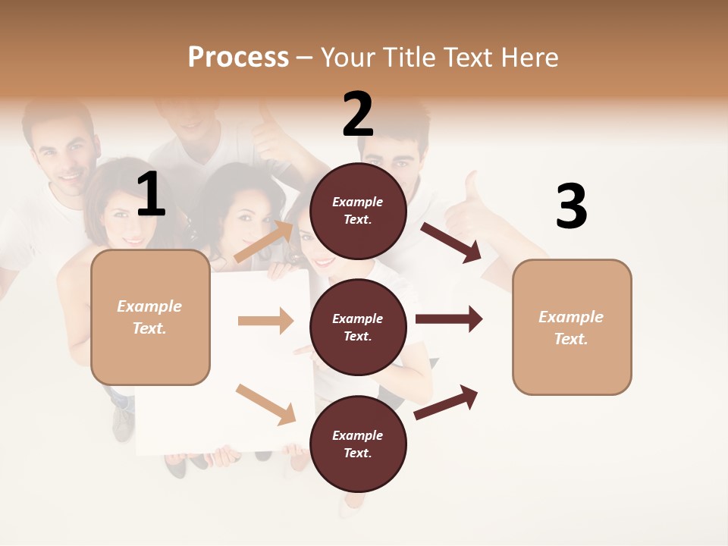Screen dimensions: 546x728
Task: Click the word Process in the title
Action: (238, 58)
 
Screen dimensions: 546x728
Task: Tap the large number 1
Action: (151, 196)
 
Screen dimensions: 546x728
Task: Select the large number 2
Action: (358, 115)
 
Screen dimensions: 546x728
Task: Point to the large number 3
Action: (571, 206)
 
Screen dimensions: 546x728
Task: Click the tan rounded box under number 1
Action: (150, 317)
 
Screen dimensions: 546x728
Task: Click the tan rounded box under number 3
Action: (572, 328)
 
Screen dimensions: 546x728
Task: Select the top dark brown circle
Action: (358, 211)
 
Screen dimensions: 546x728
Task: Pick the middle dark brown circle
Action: (358, 327)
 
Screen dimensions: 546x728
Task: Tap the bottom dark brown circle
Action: (358, 444)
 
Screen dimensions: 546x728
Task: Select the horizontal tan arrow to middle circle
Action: (265, 321)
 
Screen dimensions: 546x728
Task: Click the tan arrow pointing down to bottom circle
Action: (265, 404)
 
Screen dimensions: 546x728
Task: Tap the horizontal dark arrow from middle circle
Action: (449, 318)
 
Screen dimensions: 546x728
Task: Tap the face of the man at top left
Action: (62, 155)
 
